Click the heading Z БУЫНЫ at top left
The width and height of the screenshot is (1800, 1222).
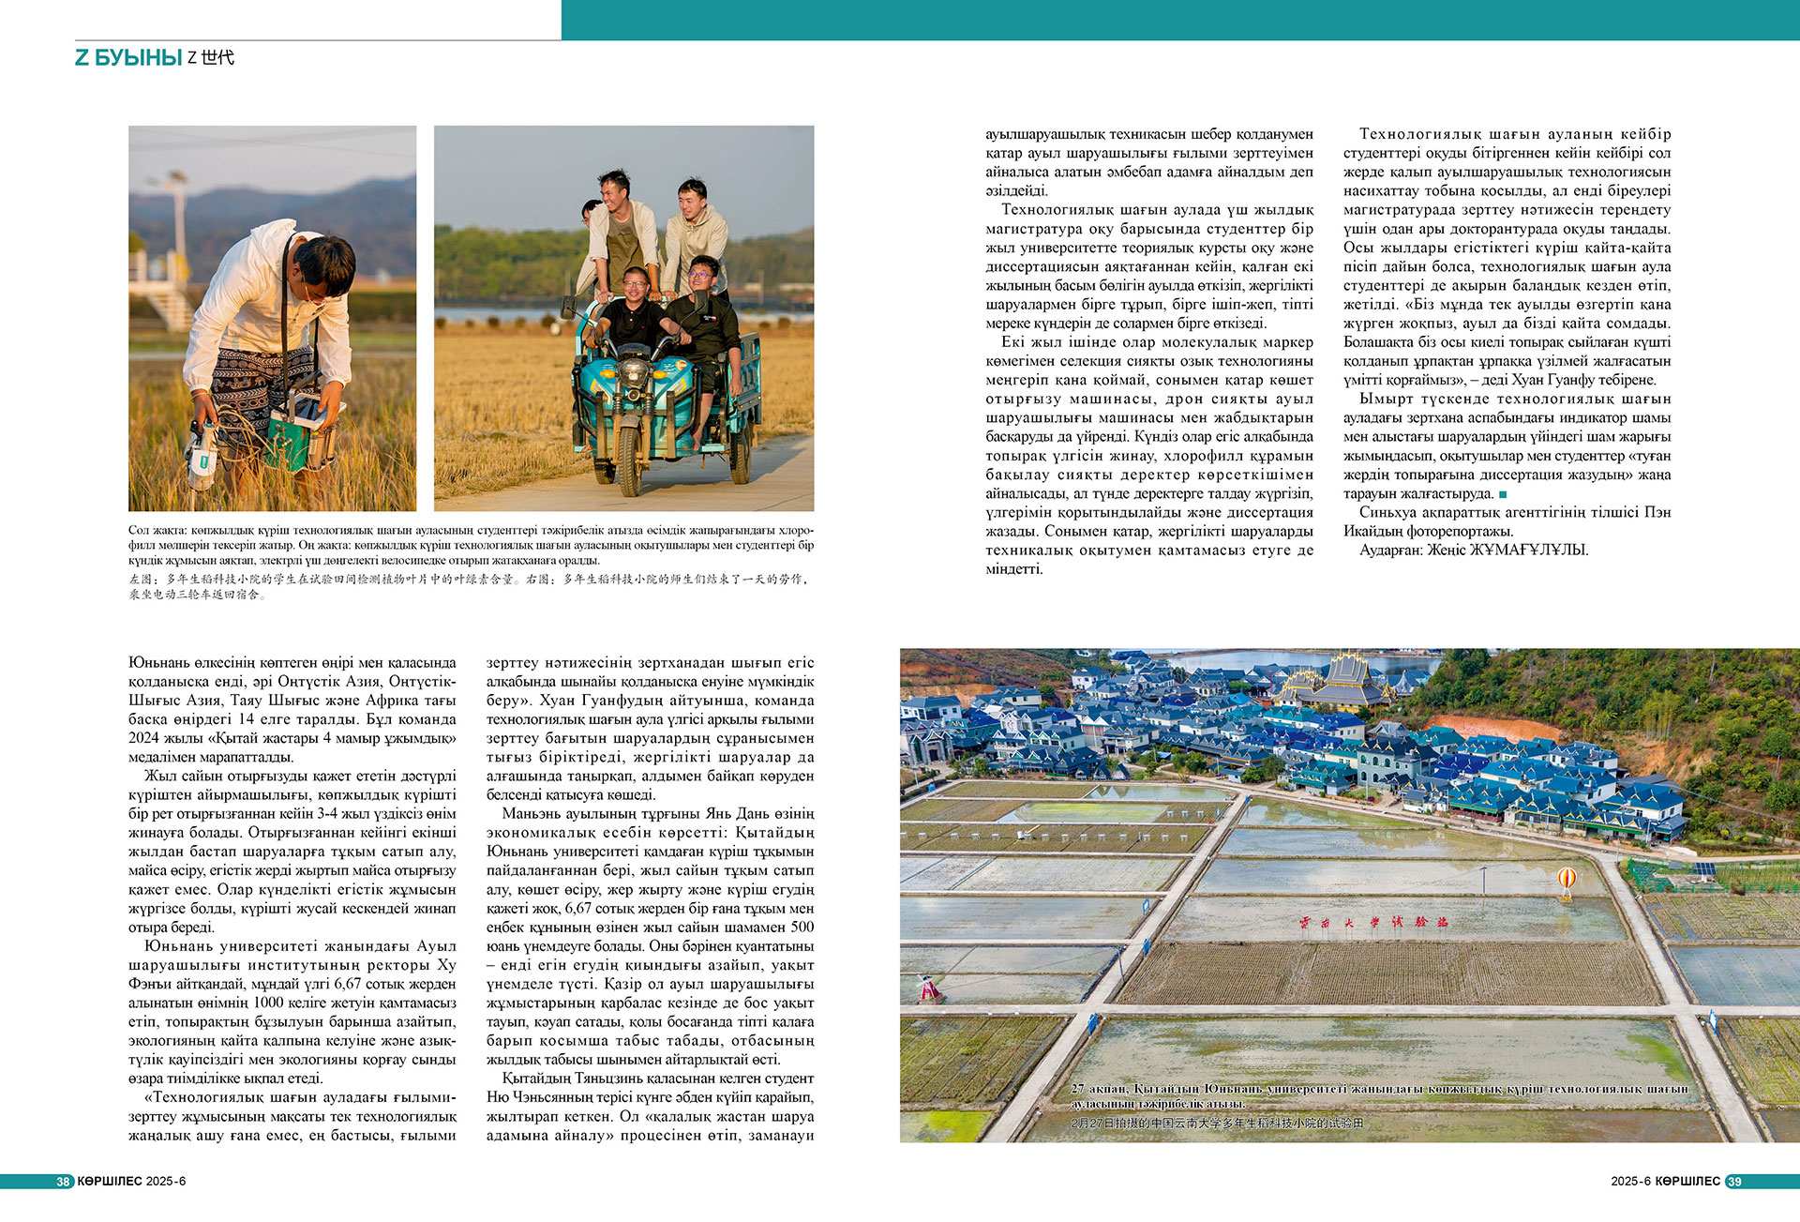click(x=128, y=58)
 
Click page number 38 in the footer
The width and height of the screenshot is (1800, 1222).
click(x=63, y=1182)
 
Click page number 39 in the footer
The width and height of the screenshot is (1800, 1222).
click(x=1734, y=1182)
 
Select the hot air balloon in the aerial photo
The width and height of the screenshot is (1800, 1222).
click(x=1567, y=880)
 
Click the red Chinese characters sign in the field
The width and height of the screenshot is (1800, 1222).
click(x=1374, y=922)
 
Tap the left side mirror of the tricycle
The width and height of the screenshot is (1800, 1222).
click(x=568, y=306)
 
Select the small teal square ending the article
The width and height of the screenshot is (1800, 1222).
click(x=1503, y=494)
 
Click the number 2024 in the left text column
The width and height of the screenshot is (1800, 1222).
click(x=144, y=738)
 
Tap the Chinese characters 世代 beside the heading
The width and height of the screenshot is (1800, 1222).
click(x=217, y=58)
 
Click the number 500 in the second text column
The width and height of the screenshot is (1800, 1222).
click(x=802, y=928)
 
